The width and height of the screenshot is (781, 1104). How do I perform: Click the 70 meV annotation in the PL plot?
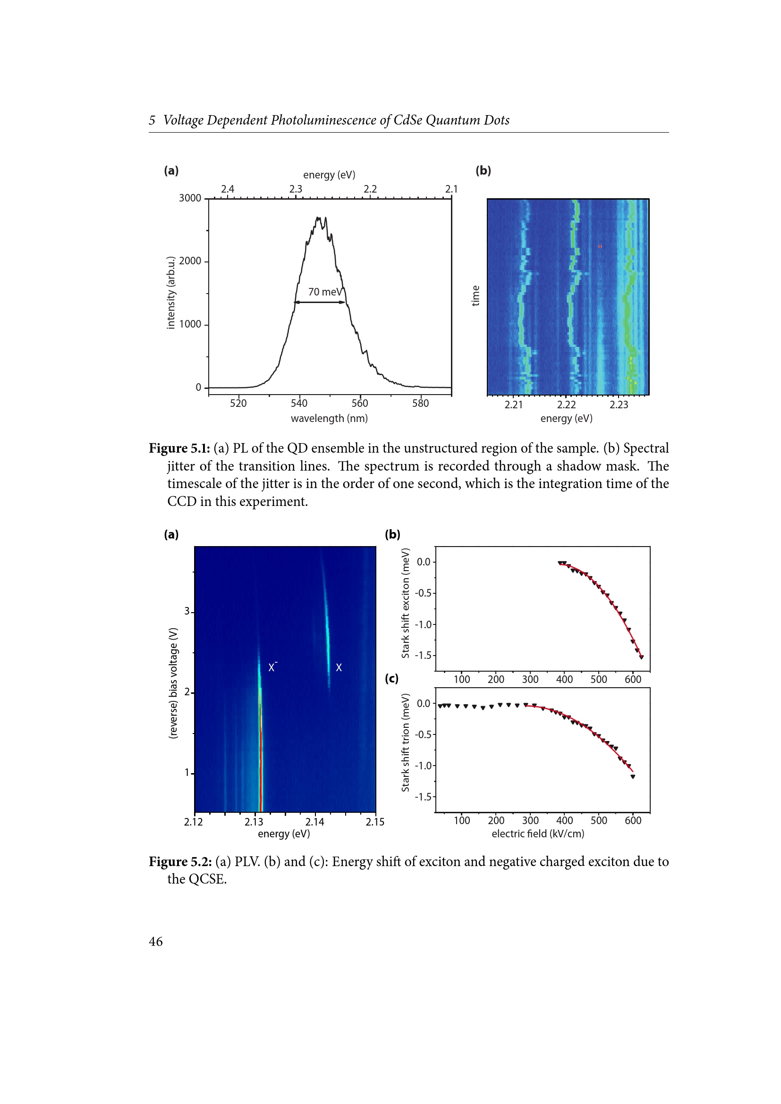click(325, 292)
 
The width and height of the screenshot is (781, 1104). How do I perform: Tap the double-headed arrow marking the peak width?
click(319, 303)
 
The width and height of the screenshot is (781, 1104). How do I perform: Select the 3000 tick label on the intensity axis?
click(190, 198)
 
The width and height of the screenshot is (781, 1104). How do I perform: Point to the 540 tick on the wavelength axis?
click(298, 404)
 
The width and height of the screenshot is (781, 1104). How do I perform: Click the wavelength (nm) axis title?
click(329, 418)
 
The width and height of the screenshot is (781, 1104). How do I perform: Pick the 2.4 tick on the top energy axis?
click(228, 189)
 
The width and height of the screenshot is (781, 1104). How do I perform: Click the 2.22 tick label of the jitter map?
click(566, 405)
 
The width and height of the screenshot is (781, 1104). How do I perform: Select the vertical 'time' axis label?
click(475, 295)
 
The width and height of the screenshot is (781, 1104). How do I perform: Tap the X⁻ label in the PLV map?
click(272, 667)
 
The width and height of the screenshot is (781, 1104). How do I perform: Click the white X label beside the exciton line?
click(339, 667)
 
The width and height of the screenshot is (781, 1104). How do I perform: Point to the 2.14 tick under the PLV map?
click(314, 822)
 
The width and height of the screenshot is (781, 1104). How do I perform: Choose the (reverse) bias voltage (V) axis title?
click(173, 683)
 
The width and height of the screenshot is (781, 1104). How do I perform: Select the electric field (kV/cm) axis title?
click(538, 834)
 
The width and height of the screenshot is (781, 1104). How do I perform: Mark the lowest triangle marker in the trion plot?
click(632, 776)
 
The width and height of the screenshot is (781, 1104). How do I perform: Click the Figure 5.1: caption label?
click(179, 448)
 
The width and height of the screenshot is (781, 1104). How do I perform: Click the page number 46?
click(156, 942)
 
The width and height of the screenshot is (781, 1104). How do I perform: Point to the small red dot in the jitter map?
click(600, 246)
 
